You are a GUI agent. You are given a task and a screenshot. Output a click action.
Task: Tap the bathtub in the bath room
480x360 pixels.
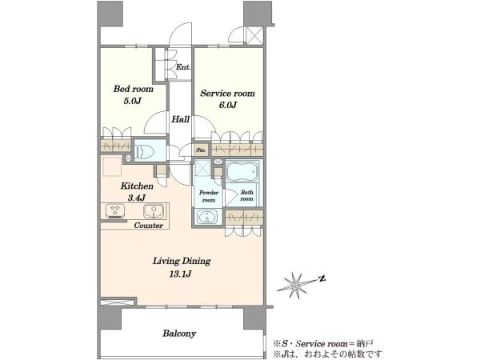click(x=242, y=171)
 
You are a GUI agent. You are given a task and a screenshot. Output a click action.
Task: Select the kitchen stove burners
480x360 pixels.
click(x=115, y=211)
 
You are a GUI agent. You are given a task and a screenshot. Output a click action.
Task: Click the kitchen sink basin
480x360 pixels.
click(x=154, y=211)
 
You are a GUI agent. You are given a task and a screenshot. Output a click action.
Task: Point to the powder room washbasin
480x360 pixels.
click(x=207, y=217)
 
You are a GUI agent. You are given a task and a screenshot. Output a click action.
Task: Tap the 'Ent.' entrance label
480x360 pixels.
click(x=183, y=67)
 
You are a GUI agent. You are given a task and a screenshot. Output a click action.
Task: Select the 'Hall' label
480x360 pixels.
click(x=180, y=119)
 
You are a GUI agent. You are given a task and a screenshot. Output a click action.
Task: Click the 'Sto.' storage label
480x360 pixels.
click(x=201, y=150)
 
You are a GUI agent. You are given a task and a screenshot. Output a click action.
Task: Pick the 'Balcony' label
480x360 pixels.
click(x=179, y=333)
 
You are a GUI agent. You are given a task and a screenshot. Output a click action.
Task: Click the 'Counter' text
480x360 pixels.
click(x=149, y=226)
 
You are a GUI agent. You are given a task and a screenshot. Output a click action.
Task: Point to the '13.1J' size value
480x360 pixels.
click(x=180, y=274)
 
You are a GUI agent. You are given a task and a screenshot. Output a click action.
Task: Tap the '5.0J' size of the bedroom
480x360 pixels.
click(x=133, y=102)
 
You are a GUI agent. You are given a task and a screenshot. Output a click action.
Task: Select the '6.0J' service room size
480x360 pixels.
click(x=227, y=106)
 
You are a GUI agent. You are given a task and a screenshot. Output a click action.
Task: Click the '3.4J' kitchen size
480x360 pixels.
click(x=137, y=198)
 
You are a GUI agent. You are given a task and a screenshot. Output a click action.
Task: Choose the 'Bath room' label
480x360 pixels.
click(x=246, y=196)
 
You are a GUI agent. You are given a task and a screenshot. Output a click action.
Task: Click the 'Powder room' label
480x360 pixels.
click(x=209, y=196)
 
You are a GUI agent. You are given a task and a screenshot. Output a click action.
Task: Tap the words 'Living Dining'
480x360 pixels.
click(x=182, y=261)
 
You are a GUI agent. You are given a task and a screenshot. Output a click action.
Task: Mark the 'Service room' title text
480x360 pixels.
click(x=227, y=93)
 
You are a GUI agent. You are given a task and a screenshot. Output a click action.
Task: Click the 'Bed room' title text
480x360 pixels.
click(x=133, y=89)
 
